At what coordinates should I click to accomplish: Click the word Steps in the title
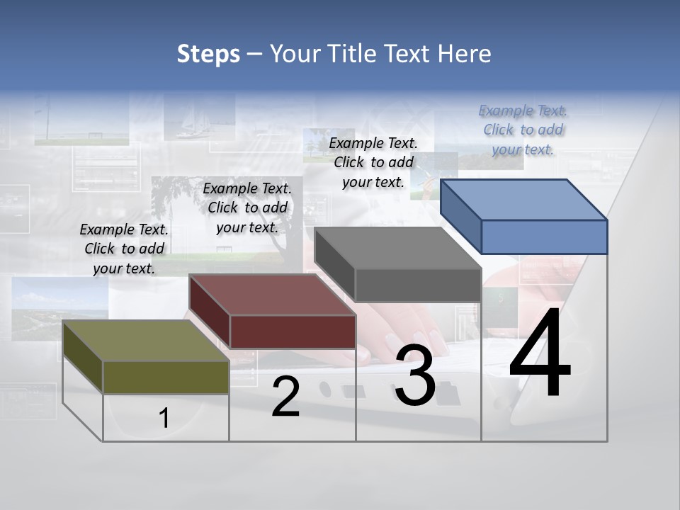(x=208, y=54)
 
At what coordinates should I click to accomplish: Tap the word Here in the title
(x=465, y=54)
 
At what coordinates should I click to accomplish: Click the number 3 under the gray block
(x=415, y=376)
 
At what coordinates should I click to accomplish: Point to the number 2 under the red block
(x=285, y=397)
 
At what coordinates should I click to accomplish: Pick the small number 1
(x=164, y=419)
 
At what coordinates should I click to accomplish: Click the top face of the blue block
(x=524, y=200)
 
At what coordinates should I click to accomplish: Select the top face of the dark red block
(x=273, y=295)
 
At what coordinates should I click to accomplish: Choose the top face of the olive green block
(x=146, y=341)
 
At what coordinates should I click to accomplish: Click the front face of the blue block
(x=544, y=237)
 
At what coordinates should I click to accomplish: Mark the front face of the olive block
(x=166, y=377)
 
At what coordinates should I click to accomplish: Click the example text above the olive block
(x=124, y=249)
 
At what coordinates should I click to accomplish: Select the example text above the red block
(x=247, y=208)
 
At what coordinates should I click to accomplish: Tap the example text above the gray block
(x=373, y=162)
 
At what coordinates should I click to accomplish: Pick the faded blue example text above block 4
(x=523, y=130)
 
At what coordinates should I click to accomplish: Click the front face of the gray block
(x=418, y=285)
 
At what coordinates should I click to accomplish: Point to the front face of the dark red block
(x=293, y=331)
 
